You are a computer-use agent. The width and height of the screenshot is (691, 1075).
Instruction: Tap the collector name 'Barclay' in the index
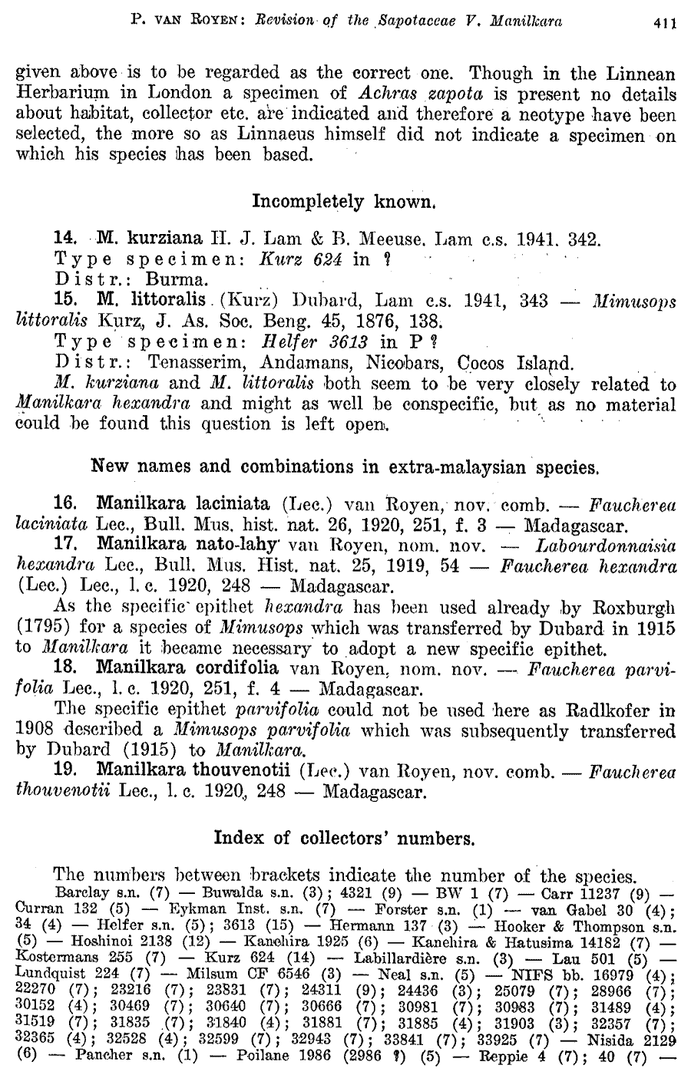81,894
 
